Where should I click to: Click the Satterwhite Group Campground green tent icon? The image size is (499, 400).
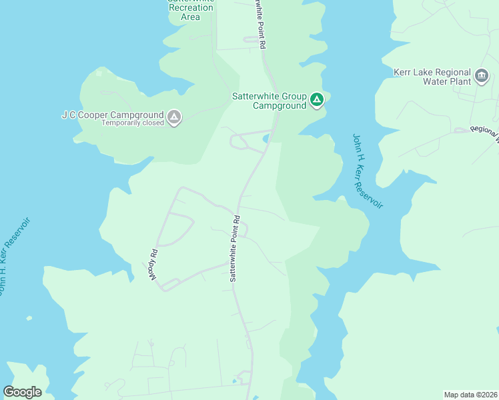[317, 101]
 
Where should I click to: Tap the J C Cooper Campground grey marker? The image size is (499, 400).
[173, 118]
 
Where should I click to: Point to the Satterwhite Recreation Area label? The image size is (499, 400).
[191, 8]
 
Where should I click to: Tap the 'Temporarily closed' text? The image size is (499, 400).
[132, 123]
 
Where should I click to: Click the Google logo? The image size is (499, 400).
[23, 392]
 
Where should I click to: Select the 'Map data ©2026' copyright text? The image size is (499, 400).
[470, 395]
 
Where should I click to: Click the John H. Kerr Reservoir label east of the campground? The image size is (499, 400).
[368, 171]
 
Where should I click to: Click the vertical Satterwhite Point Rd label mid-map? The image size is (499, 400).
[234, 248]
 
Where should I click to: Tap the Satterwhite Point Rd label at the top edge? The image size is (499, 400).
[260, 23]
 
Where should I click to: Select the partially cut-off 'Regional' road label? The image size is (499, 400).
[484, 133]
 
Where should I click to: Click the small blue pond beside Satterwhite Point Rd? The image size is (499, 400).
[267, 139]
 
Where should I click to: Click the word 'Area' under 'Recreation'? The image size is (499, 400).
[191, 17]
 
